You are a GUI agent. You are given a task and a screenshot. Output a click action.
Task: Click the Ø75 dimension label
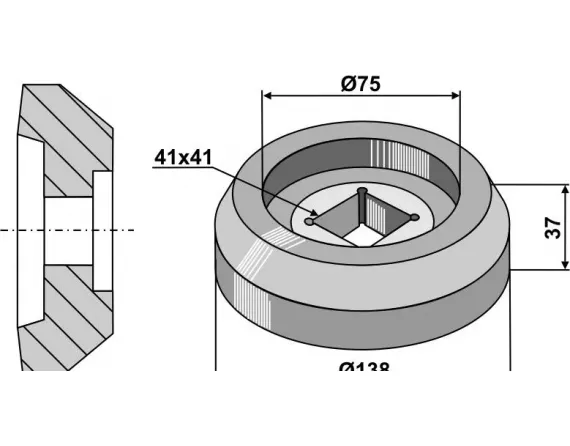coord(360,85)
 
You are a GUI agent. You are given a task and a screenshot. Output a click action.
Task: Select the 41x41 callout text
coord(182,158)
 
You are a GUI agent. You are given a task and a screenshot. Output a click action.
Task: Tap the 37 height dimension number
coord(551,228)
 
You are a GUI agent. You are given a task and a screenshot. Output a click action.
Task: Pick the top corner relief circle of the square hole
coord(362,190)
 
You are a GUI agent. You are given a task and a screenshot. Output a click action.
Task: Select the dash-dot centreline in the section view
coord(70,230)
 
